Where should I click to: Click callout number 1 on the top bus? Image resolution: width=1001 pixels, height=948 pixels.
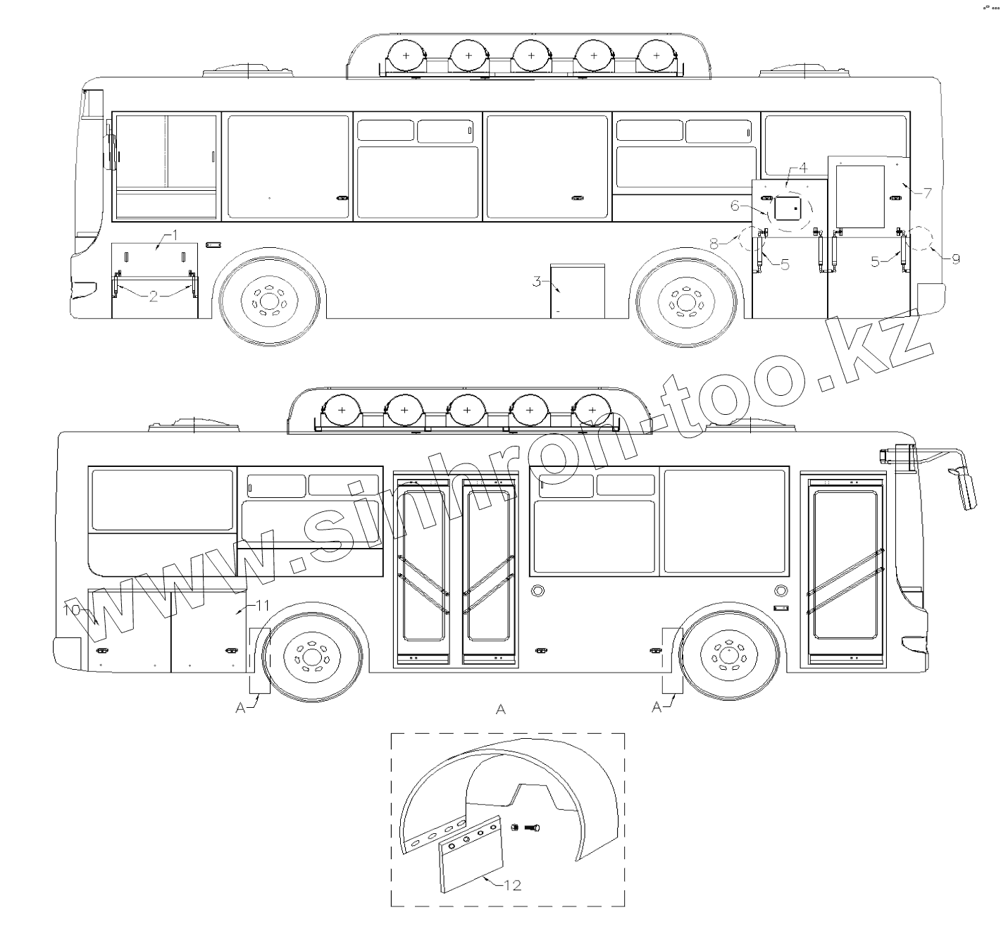click(x=175, y=235)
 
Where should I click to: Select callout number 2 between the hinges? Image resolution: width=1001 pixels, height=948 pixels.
click(x=154, y=297)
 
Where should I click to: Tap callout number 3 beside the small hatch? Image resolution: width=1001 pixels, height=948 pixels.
click(x=537, y=281)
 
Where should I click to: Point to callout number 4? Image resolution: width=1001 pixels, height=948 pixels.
click(x=803, y=168)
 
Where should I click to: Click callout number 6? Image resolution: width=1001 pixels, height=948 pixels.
click(x=735, y=206)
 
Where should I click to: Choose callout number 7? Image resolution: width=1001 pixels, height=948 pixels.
click(x=927, y=193)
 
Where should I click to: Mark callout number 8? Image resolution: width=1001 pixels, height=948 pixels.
click(x=714, y=244)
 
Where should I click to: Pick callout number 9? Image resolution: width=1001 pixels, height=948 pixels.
click(x=956, y=259)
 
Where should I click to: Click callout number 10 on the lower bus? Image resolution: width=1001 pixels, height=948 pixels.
click(x=72, y=609)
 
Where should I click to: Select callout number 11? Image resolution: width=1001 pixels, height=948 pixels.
click(x=262, y=606)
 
